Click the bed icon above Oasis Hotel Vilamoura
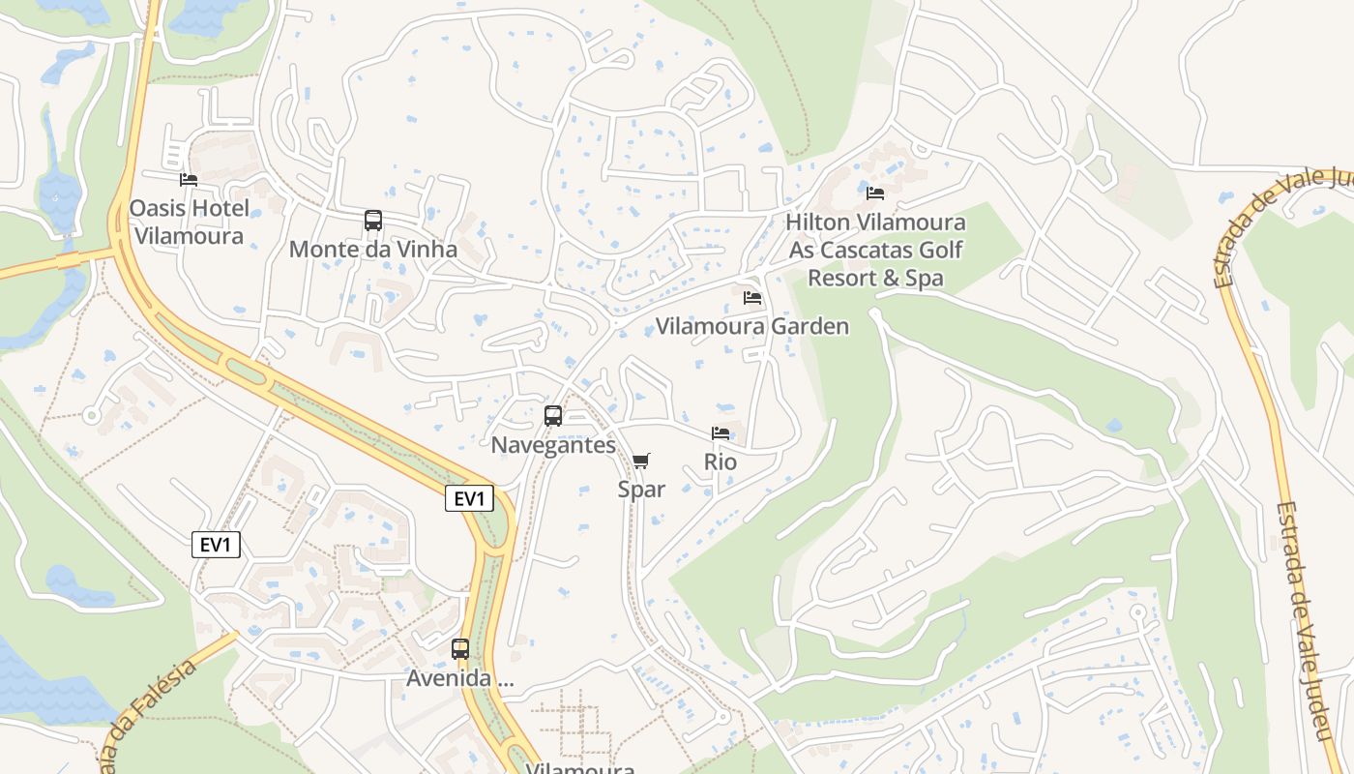(189, 180)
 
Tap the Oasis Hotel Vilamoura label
(190, 222)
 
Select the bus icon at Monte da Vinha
(373, 221)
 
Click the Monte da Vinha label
(373, 250)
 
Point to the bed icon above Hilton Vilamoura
(875, 193)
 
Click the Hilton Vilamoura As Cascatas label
(875, 250)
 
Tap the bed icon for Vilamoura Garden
(752, 298)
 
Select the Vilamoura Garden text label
(752, 326)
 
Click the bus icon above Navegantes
(553, 416)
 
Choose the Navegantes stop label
(553, 445)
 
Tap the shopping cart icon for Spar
(641, 461)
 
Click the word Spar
(641, 490)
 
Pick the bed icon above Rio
(721, 433)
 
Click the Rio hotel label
(721, 462)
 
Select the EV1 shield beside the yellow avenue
(470, 499)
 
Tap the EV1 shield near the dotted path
(216, 546)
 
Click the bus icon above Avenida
(460, 649)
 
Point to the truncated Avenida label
(460, 678)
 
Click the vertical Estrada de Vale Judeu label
(1305, 619)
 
